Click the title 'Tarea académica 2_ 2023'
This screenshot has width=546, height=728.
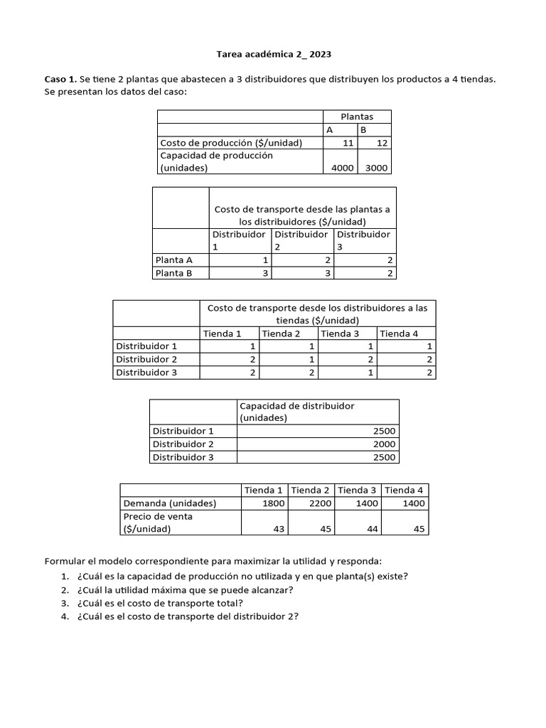click(274, 54)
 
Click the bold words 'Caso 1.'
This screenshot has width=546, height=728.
click(60, 79)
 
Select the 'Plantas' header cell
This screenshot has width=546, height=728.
click(356, 117)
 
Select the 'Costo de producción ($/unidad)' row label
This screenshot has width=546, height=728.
click(231, 143)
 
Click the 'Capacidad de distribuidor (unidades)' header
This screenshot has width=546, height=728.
click(296, 412)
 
